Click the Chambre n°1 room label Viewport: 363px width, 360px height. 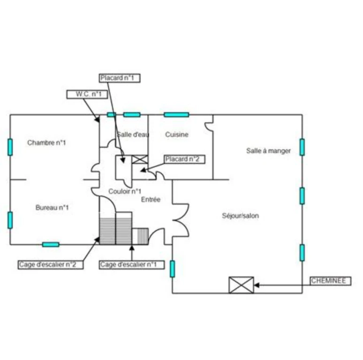(x=46, y=142)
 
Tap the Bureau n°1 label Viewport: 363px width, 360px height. (x=52, y=208)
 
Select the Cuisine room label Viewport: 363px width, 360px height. (x=177, y=135)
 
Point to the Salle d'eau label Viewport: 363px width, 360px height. (x=133, y=135)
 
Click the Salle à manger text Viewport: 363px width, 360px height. (x=268, y=151)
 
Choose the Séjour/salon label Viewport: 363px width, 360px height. (x=240, y=216)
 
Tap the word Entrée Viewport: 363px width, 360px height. (x=151, y=199)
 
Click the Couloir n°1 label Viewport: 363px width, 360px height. (x=125, y=191)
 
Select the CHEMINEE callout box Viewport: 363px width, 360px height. (x=330, y=281)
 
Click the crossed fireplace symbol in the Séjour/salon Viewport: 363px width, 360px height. (x=241, y=285)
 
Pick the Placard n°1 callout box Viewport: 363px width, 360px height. (x=120, y=78)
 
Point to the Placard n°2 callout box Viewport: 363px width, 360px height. (x=185, y=159)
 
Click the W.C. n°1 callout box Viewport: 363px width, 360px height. (x=87, y=94)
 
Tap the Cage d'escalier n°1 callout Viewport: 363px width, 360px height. (x=132, y=265)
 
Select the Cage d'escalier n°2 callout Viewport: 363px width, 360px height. (x=51, y=265)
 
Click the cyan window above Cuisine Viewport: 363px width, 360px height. (x=176, y=114)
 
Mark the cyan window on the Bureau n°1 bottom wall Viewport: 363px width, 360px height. (x=51, y=245)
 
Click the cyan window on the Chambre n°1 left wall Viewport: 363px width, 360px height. (x=10, y=147)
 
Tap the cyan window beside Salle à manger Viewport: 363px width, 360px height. (x=302, y=147)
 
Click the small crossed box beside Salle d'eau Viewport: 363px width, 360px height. (x=140, y=159)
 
